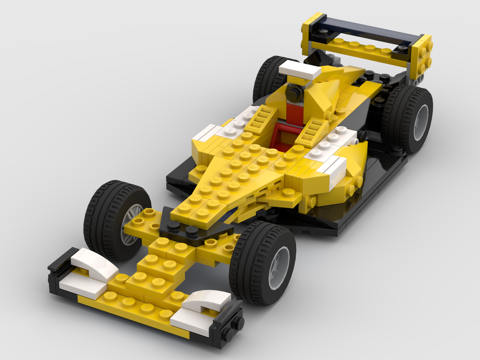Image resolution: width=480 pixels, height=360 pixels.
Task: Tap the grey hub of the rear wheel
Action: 421,122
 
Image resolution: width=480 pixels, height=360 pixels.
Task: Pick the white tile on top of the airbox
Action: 300,71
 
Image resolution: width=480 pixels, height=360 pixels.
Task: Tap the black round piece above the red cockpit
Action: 294,92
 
